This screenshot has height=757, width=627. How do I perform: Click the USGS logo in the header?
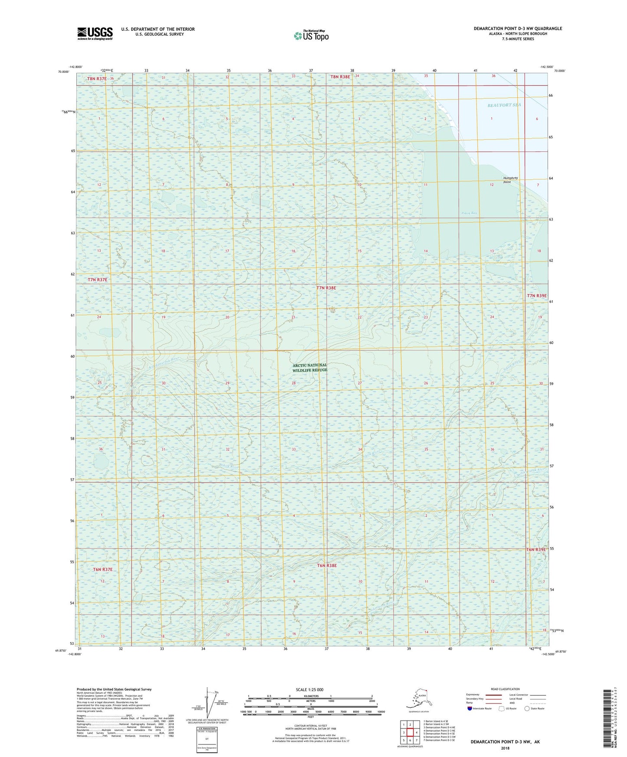pos(95,33)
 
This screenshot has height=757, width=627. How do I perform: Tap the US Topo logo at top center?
pos(311,36)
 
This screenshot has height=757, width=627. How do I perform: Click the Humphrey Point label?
pos(510,180)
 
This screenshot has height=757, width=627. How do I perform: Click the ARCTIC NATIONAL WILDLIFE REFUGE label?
pos(309,368)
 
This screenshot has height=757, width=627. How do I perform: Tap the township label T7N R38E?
pos(326,288)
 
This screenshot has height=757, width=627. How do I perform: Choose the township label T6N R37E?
pos(102,569)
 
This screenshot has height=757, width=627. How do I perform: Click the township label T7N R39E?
pos(537,296)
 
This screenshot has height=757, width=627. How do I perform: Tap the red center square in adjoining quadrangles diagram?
pos(410,732)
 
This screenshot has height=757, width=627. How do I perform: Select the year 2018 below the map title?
pos(505,748)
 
